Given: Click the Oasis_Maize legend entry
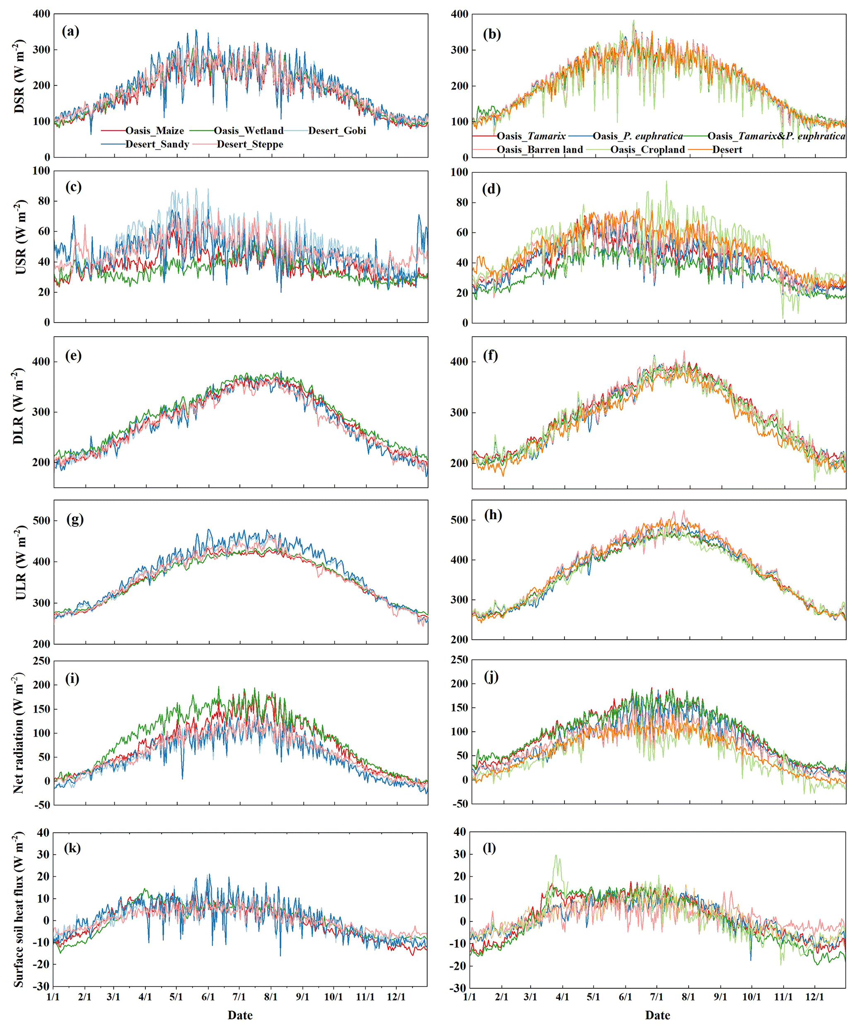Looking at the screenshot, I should tap(154, 130).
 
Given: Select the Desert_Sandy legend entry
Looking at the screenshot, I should tap(157, 145).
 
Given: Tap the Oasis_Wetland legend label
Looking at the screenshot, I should tap(248, 130).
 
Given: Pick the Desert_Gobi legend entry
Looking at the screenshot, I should tap(337, 130).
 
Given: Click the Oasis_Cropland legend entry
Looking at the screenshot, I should tap(647, 150).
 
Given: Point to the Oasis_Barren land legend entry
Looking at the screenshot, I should tap(539, 150).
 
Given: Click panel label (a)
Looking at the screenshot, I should tap(71, 31).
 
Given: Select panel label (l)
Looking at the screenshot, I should tap(489, 848).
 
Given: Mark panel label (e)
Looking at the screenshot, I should tap(73, 355).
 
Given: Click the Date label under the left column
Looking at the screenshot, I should tap(240, 1015).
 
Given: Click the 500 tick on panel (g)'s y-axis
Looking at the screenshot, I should tap(41, 520).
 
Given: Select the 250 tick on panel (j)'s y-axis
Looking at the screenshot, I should tap(459, 659).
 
